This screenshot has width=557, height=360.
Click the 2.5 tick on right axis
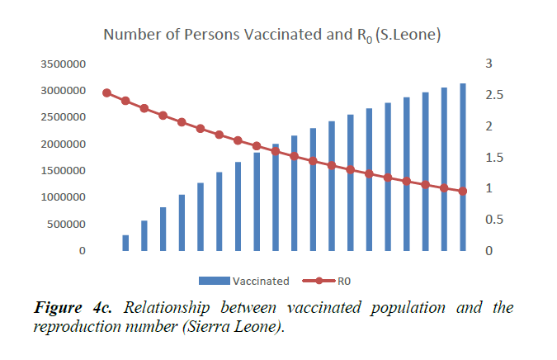493,95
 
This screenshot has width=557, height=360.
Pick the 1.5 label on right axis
493,157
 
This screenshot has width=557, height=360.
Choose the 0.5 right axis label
493,220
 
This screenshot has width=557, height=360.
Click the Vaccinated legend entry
246,281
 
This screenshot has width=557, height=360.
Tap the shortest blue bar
125,243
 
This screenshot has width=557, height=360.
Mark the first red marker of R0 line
106,92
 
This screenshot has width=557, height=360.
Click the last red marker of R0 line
463,192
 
